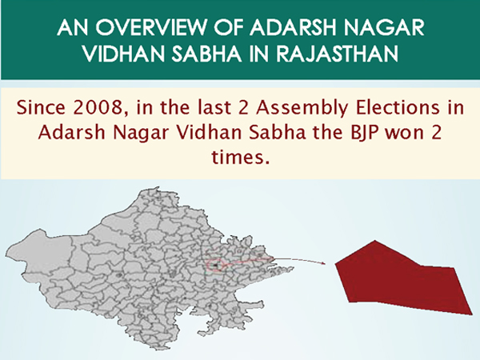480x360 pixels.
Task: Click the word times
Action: click(239, 157)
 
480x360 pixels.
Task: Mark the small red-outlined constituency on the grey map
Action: click(216, 265)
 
